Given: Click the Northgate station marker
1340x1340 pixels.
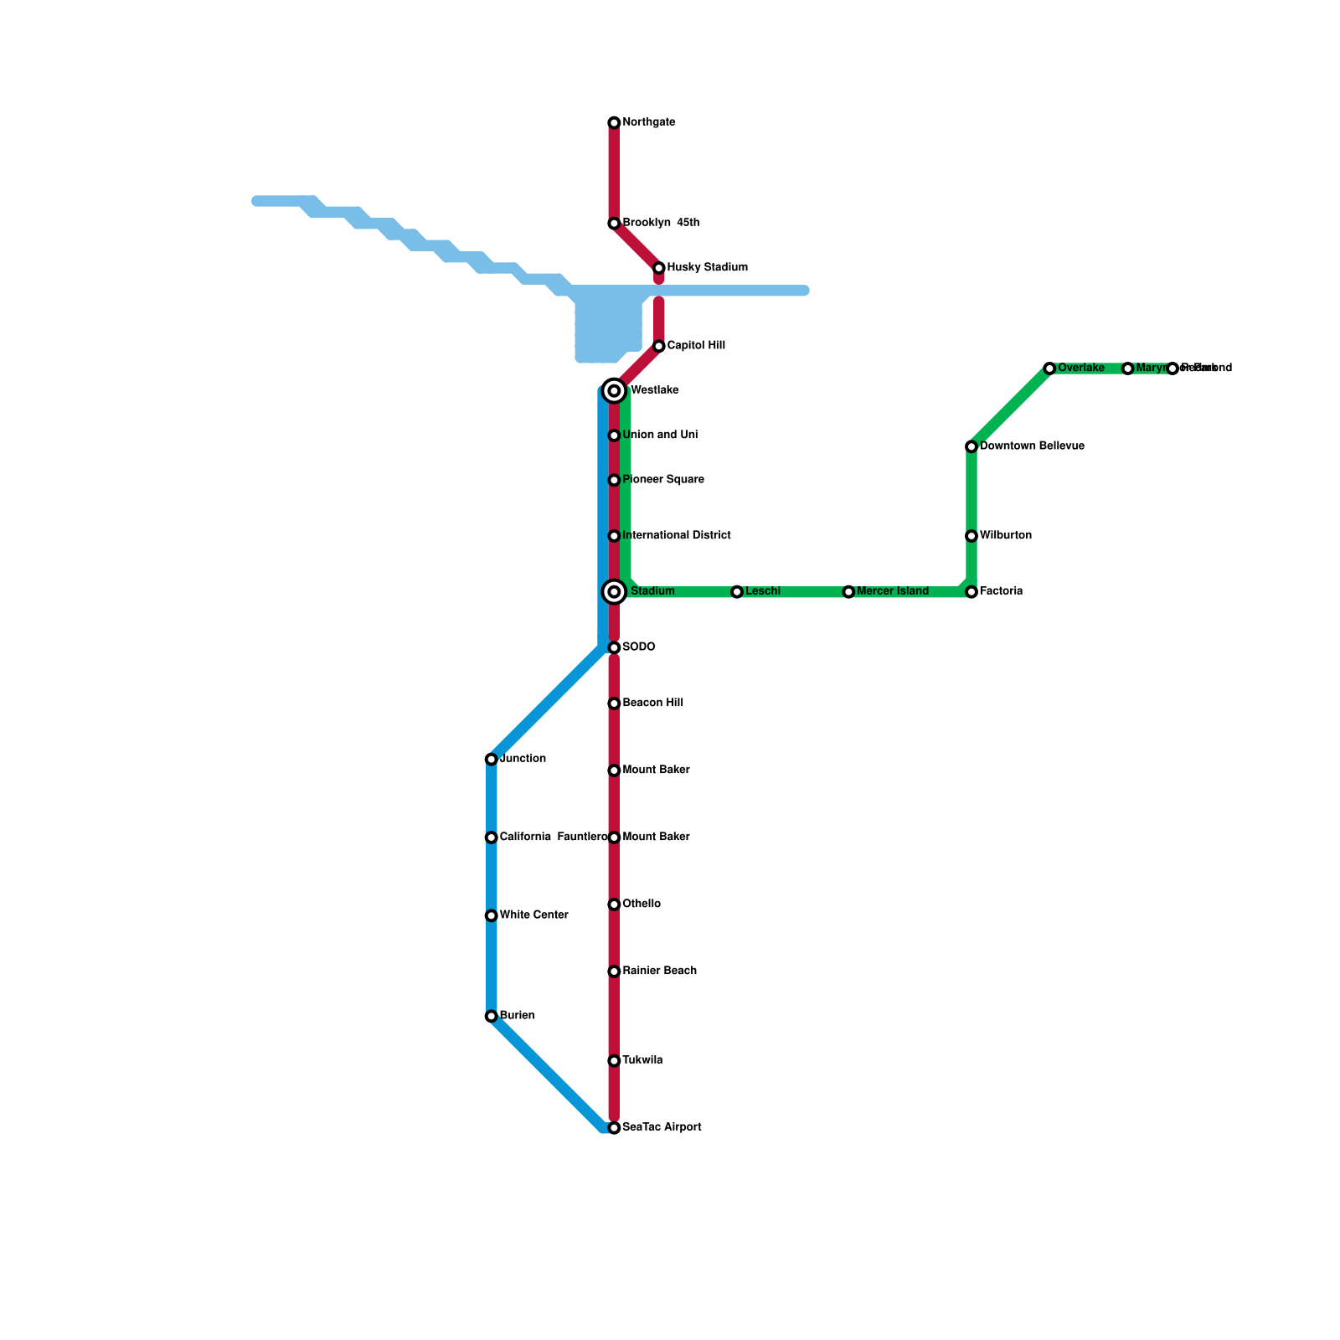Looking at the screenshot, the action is point(614,123).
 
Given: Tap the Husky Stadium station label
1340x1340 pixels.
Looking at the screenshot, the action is point(707,268).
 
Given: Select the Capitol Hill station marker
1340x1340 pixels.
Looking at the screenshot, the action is point(659,346).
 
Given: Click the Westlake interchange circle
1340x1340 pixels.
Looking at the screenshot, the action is point(614,391).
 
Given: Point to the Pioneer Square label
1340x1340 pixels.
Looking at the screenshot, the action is point(662,480).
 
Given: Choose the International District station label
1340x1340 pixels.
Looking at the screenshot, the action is point(676,536).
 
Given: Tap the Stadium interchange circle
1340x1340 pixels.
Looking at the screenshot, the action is point(614,592).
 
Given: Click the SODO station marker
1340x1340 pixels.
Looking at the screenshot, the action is point(614,647).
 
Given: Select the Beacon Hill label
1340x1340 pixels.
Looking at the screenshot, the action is point(652,703).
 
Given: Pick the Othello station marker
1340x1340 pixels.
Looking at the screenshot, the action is point(614,904).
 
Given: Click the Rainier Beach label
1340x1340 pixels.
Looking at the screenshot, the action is point(659,971).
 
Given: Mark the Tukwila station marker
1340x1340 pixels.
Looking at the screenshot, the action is point(614,1061).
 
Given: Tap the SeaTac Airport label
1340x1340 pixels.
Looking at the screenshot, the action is point(662,1128).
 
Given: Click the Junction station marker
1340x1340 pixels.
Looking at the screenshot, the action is point(492,760).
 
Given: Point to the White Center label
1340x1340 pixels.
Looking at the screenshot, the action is point(533,915).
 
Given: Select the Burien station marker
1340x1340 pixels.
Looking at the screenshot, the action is point(492,1016).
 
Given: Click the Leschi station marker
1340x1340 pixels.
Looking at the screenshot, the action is point(737,592).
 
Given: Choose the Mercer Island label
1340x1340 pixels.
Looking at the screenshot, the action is point(892,592).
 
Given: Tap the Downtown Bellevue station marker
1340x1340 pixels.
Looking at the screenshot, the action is point(971,446).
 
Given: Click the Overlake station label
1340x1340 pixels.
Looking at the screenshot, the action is point(1080,368).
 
